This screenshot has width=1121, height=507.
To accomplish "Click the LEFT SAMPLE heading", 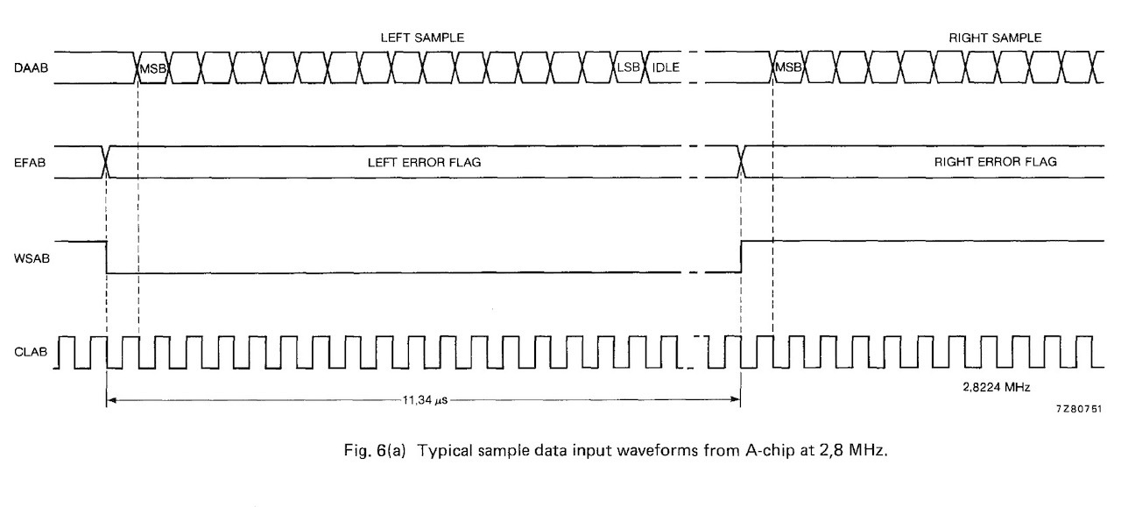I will (x=421, y=39).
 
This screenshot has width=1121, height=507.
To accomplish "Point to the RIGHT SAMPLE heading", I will (x=995, y=39).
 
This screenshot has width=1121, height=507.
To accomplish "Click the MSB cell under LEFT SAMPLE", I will (x=152, y=68).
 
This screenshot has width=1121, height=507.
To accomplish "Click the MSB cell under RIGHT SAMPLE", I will (x=788, y=68).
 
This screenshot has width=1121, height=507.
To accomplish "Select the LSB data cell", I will (x=628, y=67).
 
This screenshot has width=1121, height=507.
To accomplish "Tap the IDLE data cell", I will (x=666, y=67).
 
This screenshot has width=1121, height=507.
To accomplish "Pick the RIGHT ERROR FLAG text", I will (x=995, y=162).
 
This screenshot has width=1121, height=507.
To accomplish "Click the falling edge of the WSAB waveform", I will (x=106, y=257).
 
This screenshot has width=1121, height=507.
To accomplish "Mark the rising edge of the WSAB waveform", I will (x=741, y=257).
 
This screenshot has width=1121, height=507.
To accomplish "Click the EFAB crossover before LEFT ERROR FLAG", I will (x=106, y=162).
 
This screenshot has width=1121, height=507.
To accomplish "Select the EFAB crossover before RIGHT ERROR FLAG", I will (x=742, y=162).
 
